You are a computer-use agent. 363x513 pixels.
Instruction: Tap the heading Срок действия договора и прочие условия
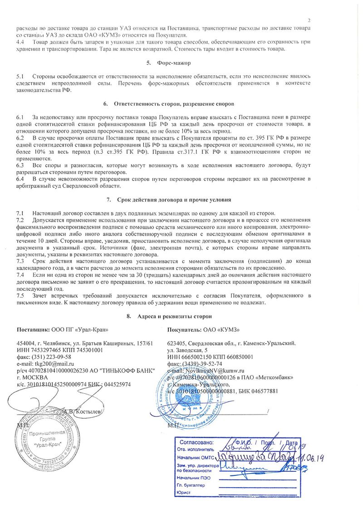[175, 200]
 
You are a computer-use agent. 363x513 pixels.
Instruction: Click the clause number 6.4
[20, 179]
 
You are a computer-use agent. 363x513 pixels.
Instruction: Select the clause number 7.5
[20, 296]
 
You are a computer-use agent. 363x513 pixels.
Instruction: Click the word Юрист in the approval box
[184, 493]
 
